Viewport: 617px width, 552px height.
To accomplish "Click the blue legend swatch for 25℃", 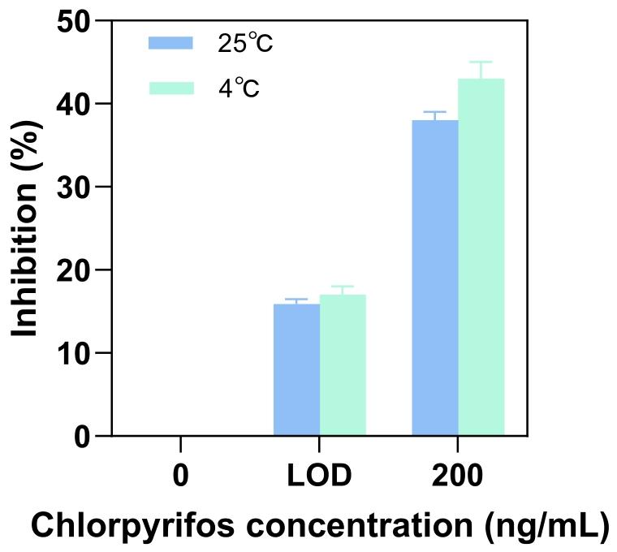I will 170,42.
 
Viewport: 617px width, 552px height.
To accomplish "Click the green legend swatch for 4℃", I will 170,87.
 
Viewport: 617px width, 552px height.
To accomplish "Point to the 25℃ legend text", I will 245,43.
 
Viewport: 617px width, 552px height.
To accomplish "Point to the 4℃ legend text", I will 239,88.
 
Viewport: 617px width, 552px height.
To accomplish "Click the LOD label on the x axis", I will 319,476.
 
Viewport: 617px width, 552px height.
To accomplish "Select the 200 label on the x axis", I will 458,476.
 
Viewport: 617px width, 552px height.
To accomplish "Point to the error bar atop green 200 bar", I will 481,69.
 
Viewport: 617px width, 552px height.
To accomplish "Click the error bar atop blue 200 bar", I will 435,115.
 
